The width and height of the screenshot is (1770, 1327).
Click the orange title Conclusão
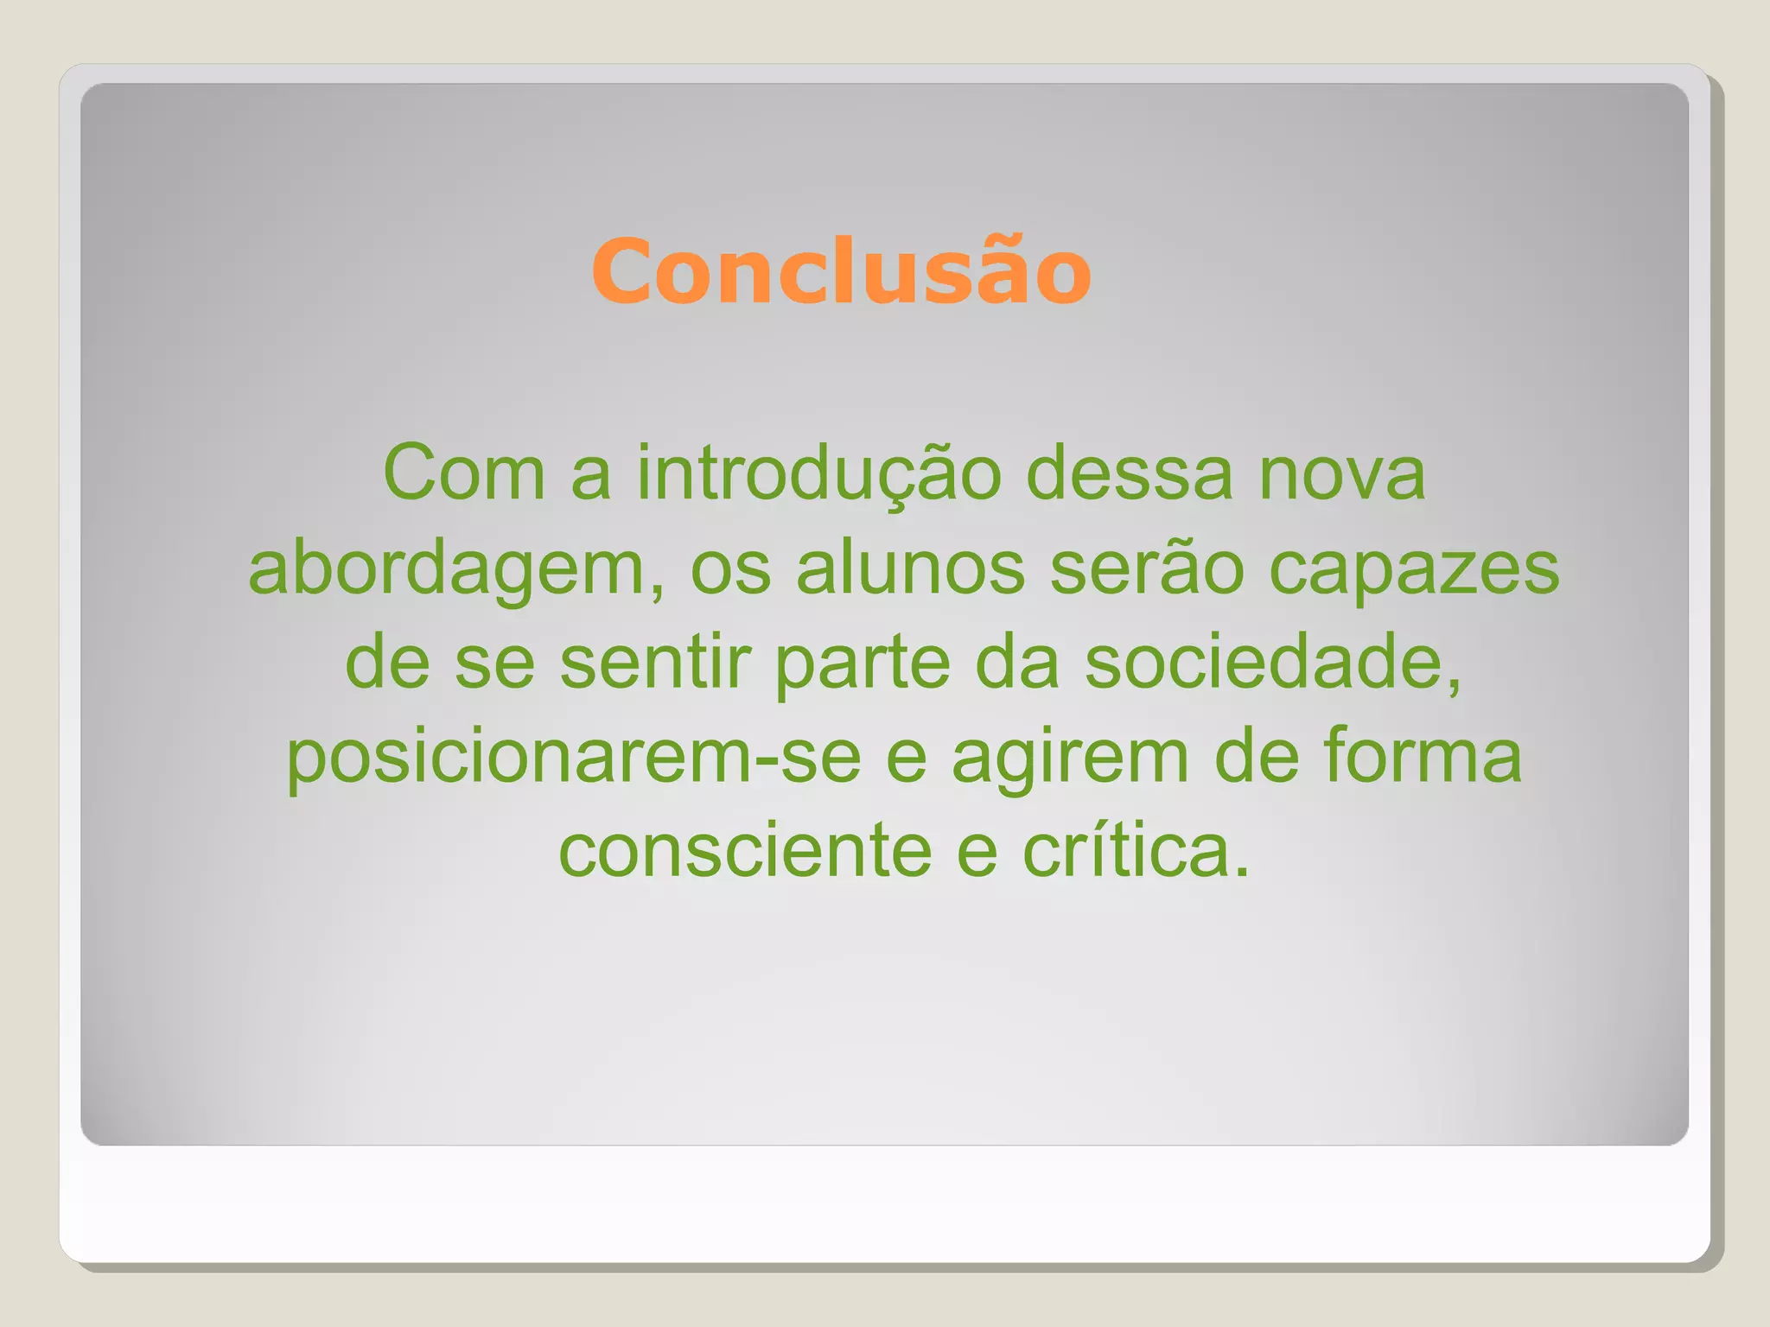(x=841, y=272)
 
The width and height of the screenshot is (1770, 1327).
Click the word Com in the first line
(x=463, y=473)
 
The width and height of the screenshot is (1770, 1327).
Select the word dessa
(x=1129, y=473)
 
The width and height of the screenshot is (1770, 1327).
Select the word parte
(x=862, y=665)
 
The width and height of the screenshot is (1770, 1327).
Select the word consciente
(x=745, y=851)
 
